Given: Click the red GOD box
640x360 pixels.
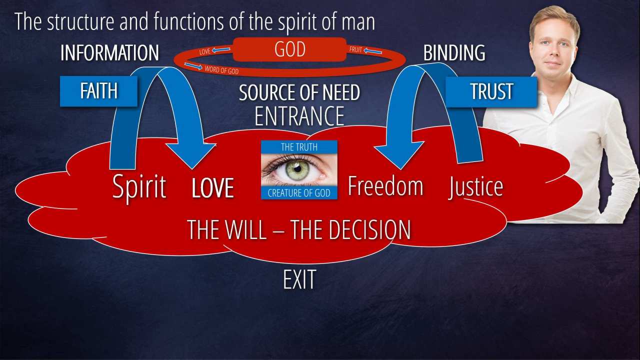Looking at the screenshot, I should coord(289,50).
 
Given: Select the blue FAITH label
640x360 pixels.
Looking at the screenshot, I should coord(98,91).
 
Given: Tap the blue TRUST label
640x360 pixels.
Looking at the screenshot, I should coord(491,91).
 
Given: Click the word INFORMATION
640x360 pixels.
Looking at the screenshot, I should coord(109,53).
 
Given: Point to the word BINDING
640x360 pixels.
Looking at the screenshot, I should coord(454,53).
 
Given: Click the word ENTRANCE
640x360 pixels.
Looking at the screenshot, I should coord(299,116).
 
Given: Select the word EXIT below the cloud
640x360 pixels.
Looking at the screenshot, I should coord(299,280).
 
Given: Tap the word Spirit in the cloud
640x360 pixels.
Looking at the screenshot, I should coord(139,187).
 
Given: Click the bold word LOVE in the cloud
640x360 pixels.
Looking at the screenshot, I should coord(213,188).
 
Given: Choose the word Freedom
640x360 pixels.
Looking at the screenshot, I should coord(385,186).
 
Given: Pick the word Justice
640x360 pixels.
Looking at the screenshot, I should coord(475,187).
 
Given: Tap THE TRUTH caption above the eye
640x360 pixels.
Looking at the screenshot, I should coord(299,147).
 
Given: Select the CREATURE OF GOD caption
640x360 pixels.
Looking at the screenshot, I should coord(299,193).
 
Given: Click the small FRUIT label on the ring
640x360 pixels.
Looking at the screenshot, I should coord(355,50).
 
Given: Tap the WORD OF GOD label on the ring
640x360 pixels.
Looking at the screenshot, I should coord(221,71).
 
